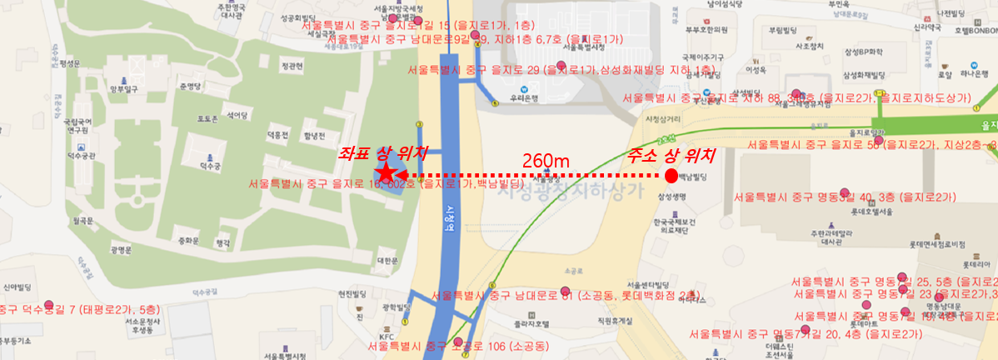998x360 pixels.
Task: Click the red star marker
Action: tap(386, 172)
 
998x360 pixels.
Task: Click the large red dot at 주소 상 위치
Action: tap(671, 175)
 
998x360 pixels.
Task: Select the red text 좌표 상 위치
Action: tap(382, 153)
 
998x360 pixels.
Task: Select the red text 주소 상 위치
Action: tap(671, 154)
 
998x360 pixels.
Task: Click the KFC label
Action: tap(387, 337)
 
